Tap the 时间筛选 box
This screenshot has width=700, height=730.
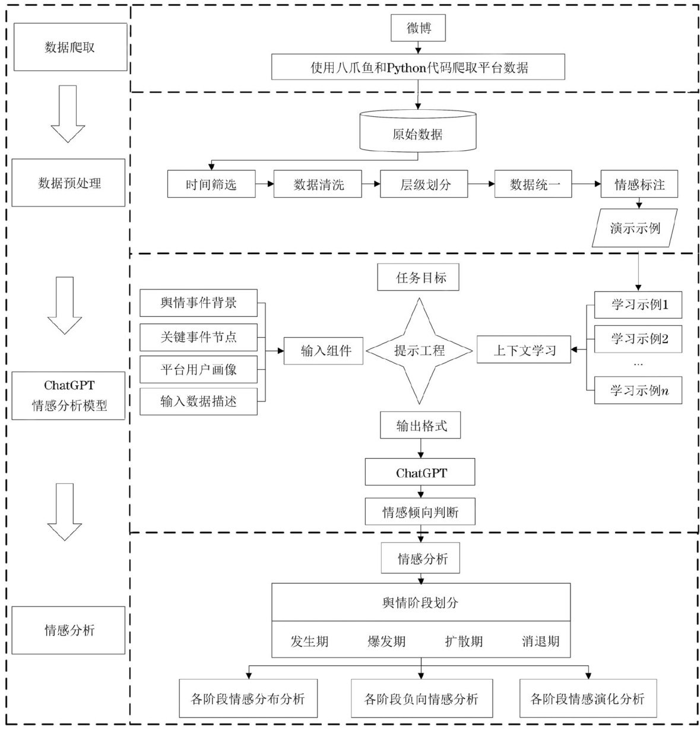(211, 185)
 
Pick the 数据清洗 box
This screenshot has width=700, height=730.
(318, 185)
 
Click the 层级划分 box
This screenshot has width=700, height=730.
(425, 185)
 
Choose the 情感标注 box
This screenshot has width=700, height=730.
(639, 185)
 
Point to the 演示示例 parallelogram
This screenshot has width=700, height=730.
(635, 228)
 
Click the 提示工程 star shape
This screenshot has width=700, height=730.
(419, 351)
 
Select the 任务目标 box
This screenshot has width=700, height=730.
(418, 278)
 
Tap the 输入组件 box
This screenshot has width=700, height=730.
(324, 351)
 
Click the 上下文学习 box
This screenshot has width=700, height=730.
(524, 350)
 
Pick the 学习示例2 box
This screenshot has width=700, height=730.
(638, 339)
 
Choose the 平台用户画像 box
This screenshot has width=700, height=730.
(198, 369)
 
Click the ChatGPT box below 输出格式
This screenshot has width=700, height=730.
(420, 473)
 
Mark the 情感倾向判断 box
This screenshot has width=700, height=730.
(420, 512)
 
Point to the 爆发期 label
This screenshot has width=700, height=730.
(387, 641)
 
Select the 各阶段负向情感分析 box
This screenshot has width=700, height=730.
(421, 699)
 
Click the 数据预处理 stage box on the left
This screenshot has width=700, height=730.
(69, 183)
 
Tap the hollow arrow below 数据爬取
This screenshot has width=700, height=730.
(68, 113)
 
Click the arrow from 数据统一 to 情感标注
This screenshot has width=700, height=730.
(585, 185)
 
